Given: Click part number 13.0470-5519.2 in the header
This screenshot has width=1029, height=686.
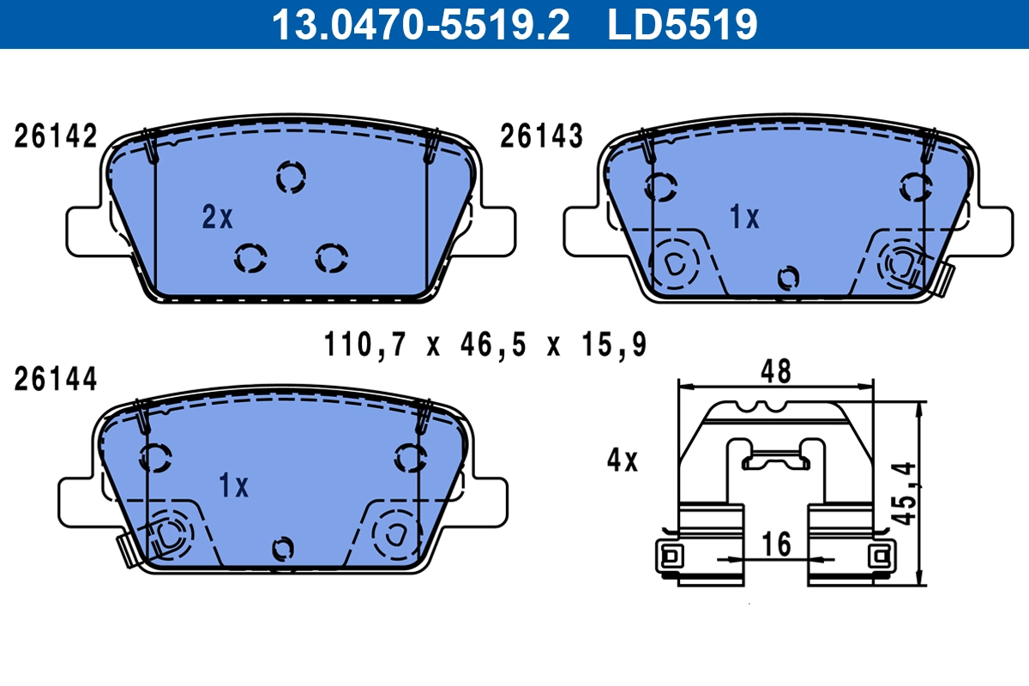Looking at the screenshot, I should [420, 24].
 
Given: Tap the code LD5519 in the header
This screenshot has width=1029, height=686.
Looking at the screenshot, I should [683, 24].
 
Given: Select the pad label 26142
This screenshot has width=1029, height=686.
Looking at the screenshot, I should [56, 137].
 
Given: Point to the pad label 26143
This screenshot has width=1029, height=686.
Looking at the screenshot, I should [541, 137].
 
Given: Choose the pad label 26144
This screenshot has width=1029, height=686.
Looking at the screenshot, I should [56, 379].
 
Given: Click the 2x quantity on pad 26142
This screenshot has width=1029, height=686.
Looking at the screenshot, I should [218, 219].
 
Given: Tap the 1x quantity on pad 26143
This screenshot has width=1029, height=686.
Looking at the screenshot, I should [744, 219].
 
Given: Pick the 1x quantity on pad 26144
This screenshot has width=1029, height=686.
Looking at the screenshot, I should [233, 487].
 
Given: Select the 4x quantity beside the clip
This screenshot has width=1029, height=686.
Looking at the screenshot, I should [623, 461].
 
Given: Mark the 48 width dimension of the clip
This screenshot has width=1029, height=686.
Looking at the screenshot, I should [777, 372].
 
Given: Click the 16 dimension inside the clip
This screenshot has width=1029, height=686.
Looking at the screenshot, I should [776, 544].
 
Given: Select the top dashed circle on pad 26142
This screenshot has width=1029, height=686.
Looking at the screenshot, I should [292, 177].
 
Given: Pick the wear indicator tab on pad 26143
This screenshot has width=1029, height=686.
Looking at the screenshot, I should [944, 280].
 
